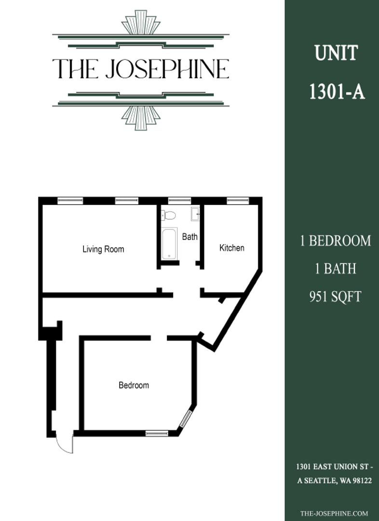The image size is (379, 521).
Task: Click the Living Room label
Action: click(x=103, y=249)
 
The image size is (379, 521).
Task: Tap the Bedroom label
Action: click(x=134, y=385)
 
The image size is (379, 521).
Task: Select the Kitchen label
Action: click(x=232, y=247)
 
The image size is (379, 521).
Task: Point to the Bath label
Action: click(x=189, y=236)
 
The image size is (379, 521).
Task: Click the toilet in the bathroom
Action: click(x=168, y=215)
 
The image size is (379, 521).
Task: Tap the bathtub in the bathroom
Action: click(x=169, y=244)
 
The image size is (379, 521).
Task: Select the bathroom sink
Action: click(x=195, y=214)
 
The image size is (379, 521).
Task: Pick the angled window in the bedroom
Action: click(x=186, y=419)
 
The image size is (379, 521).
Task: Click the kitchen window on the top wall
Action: click(x=238, y=201)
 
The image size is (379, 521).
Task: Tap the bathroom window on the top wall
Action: click(x=179, y=201)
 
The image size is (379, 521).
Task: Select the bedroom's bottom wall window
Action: click(x=157, y=433)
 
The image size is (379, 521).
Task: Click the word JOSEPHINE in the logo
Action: click(x=167, y=69)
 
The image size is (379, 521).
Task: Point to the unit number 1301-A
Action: click(x=337, y=91)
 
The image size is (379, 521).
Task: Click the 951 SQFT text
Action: click(x=335, y=296)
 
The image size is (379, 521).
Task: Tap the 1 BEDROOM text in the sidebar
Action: click(x=335, y=241)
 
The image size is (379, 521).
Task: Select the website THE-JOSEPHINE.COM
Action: click(x=334, y=513)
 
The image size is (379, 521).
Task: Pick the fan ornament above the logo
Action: click(x=141, y=22)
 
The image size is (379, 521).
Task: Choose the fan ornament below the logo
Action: click(x=141, y=118)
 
